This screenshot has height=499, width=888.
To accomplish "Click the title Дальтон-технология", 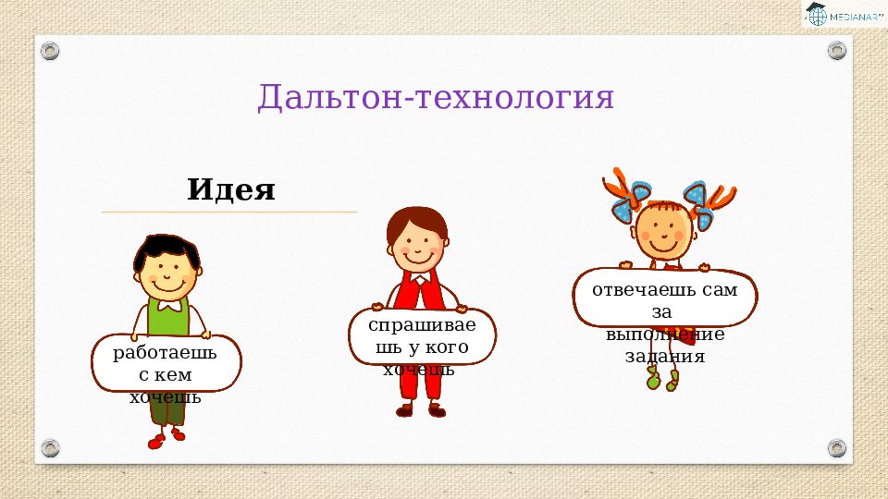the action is [436, 96].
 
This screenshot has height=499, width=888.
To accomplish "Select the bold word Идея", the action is [231, 189].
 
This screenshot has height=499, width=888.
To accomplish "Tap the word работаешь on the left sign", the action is [165, 353].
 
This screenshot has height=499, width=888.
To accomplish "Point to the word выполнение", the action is [665, 334].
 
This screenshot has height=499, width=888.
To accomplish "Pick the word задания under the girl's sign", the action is [665, 357].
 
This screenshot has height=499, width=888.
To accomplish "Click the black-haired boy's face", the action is [167, 275].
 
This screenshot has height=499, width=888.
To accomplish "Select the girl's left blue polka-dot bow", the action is [629, 201].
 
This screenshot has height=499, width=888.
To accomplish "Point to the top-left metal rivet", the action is [50, 51].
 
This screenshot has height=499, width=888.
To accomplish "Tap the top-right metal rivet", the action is [836, 50].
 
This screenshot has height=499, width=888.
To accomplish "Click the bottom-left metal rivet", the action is [50, 448].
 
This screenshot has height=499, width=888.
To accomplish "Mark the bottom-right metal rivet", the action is [836, 448].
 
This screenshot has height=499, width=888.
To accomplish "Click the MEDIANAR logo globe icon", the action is [817, 16].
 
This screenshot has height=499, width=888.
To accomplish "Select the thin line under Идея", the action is [229, 213].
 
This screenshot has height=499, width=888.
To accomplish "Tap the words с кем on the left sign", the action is [166, 375].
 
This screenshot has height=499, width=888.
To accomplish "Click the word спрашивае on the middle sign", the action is [422, 325].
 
